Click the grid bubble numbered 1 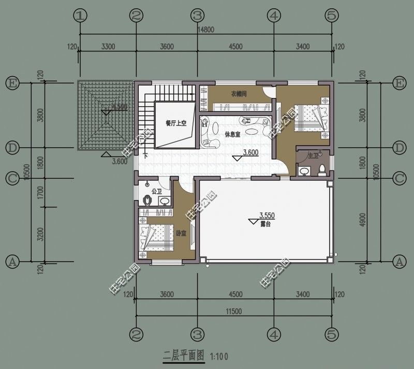(x=79, y=16)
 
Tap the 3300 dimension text (x=108, y=47)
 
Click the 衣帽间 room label (x=239, y=94)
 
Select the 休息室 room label (x=232, y=134)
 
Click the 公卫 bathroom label (x=156, y=191)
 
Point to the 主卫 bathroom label (x=313, y=155)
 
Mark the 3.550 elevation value (x=266, y=215)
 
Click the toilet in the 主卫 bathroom (x=322, y=170)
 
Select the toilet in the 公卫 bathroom (x=147, y=200)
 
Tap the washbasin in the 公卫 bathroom (x=164, y=202)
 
